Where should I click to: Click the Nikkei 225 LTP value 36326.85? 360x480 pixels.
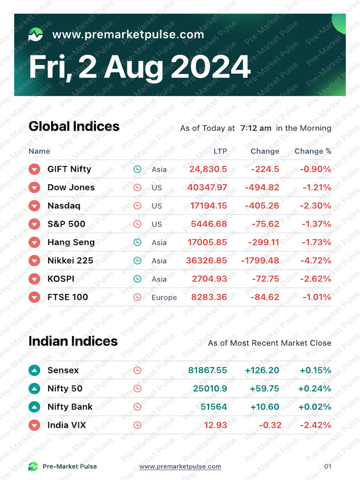pos(207,261)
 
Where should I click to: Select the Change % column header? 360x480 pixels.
pos(313,151)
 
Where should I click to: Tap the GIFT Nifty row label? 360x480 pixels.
pos(69,169)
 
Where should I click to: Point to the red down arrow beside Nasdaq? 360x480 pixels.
pos(34,206)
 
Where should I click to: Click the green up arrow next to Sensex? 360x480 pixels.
pos(34,370)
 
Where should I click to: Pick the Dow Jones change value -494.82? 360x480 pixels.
pos(262,187)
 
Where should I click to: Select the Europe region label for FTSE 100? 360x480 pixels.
pos(164,297)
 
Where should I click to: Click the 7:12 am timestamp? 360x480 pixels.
pos(256,128)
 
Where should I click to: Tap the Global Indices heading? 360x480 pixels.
pos(74,127)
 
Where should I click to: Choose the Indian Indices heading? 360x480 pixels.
pos(73,341)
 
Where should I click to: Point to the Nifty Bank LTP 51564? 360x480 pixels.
pos(214,407)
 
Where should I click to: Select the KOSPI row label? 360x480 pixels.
pos(61,279)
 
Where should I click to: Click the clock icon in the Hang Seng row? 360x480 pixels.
pos(137,242)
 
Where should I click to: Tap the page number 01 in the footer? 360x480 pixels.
pos(328,466)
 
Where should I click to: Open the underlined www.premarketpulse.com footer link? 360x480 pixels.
pos(180,466)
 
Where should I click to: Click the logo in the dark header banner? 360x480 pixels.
pos(36,34)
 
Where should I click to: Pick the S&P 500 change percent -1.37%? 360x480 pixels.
pos(316,224)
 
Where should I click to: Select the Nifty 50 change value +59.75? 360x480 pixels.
pos(264,389)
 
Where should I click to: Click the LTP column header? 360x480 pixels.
pos(220,151)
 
